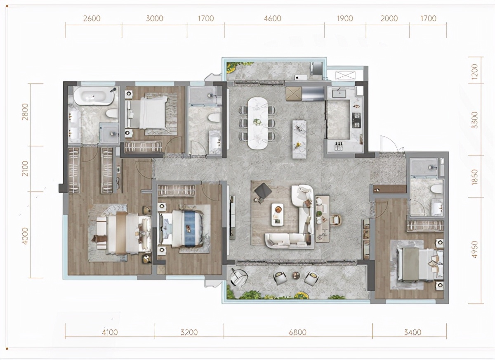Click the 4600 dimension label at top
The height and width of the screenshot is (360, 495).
coord(273,18)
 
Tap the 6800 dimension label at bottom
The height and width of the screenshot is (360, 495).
coord(298,332)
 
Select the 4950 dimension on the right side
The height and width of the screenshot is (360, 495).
coord(474,250)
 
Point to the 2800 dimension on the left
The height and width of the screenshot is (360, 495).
coord(25,112)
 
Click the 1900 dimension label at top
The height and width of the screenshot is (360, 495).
coord(345,18)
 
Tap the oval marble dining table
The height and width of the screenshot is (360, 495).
coord(257,123)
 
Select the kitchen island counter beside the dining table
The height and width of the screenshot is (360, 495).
coord(299,139)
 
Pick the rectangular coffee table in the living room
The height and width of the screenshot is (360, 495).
coord(278,214)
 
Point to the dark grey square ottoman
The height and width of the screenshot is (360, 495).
coord(263,190)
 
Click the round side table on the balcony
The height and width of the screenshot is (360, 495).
coord(296,275)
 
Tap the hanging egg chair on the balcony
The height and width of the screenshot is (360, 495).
coord(238,278)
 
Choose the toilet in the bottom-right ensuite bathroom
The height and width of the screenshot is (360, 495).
coord(437,189)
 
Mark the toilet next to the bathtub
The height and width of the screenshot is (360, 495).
coord(112,113)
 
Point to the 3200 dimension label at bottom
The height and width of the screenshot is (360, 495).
coord(189,332)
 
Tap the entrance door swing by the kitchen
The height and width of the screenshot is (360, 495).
coord(389,144)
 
